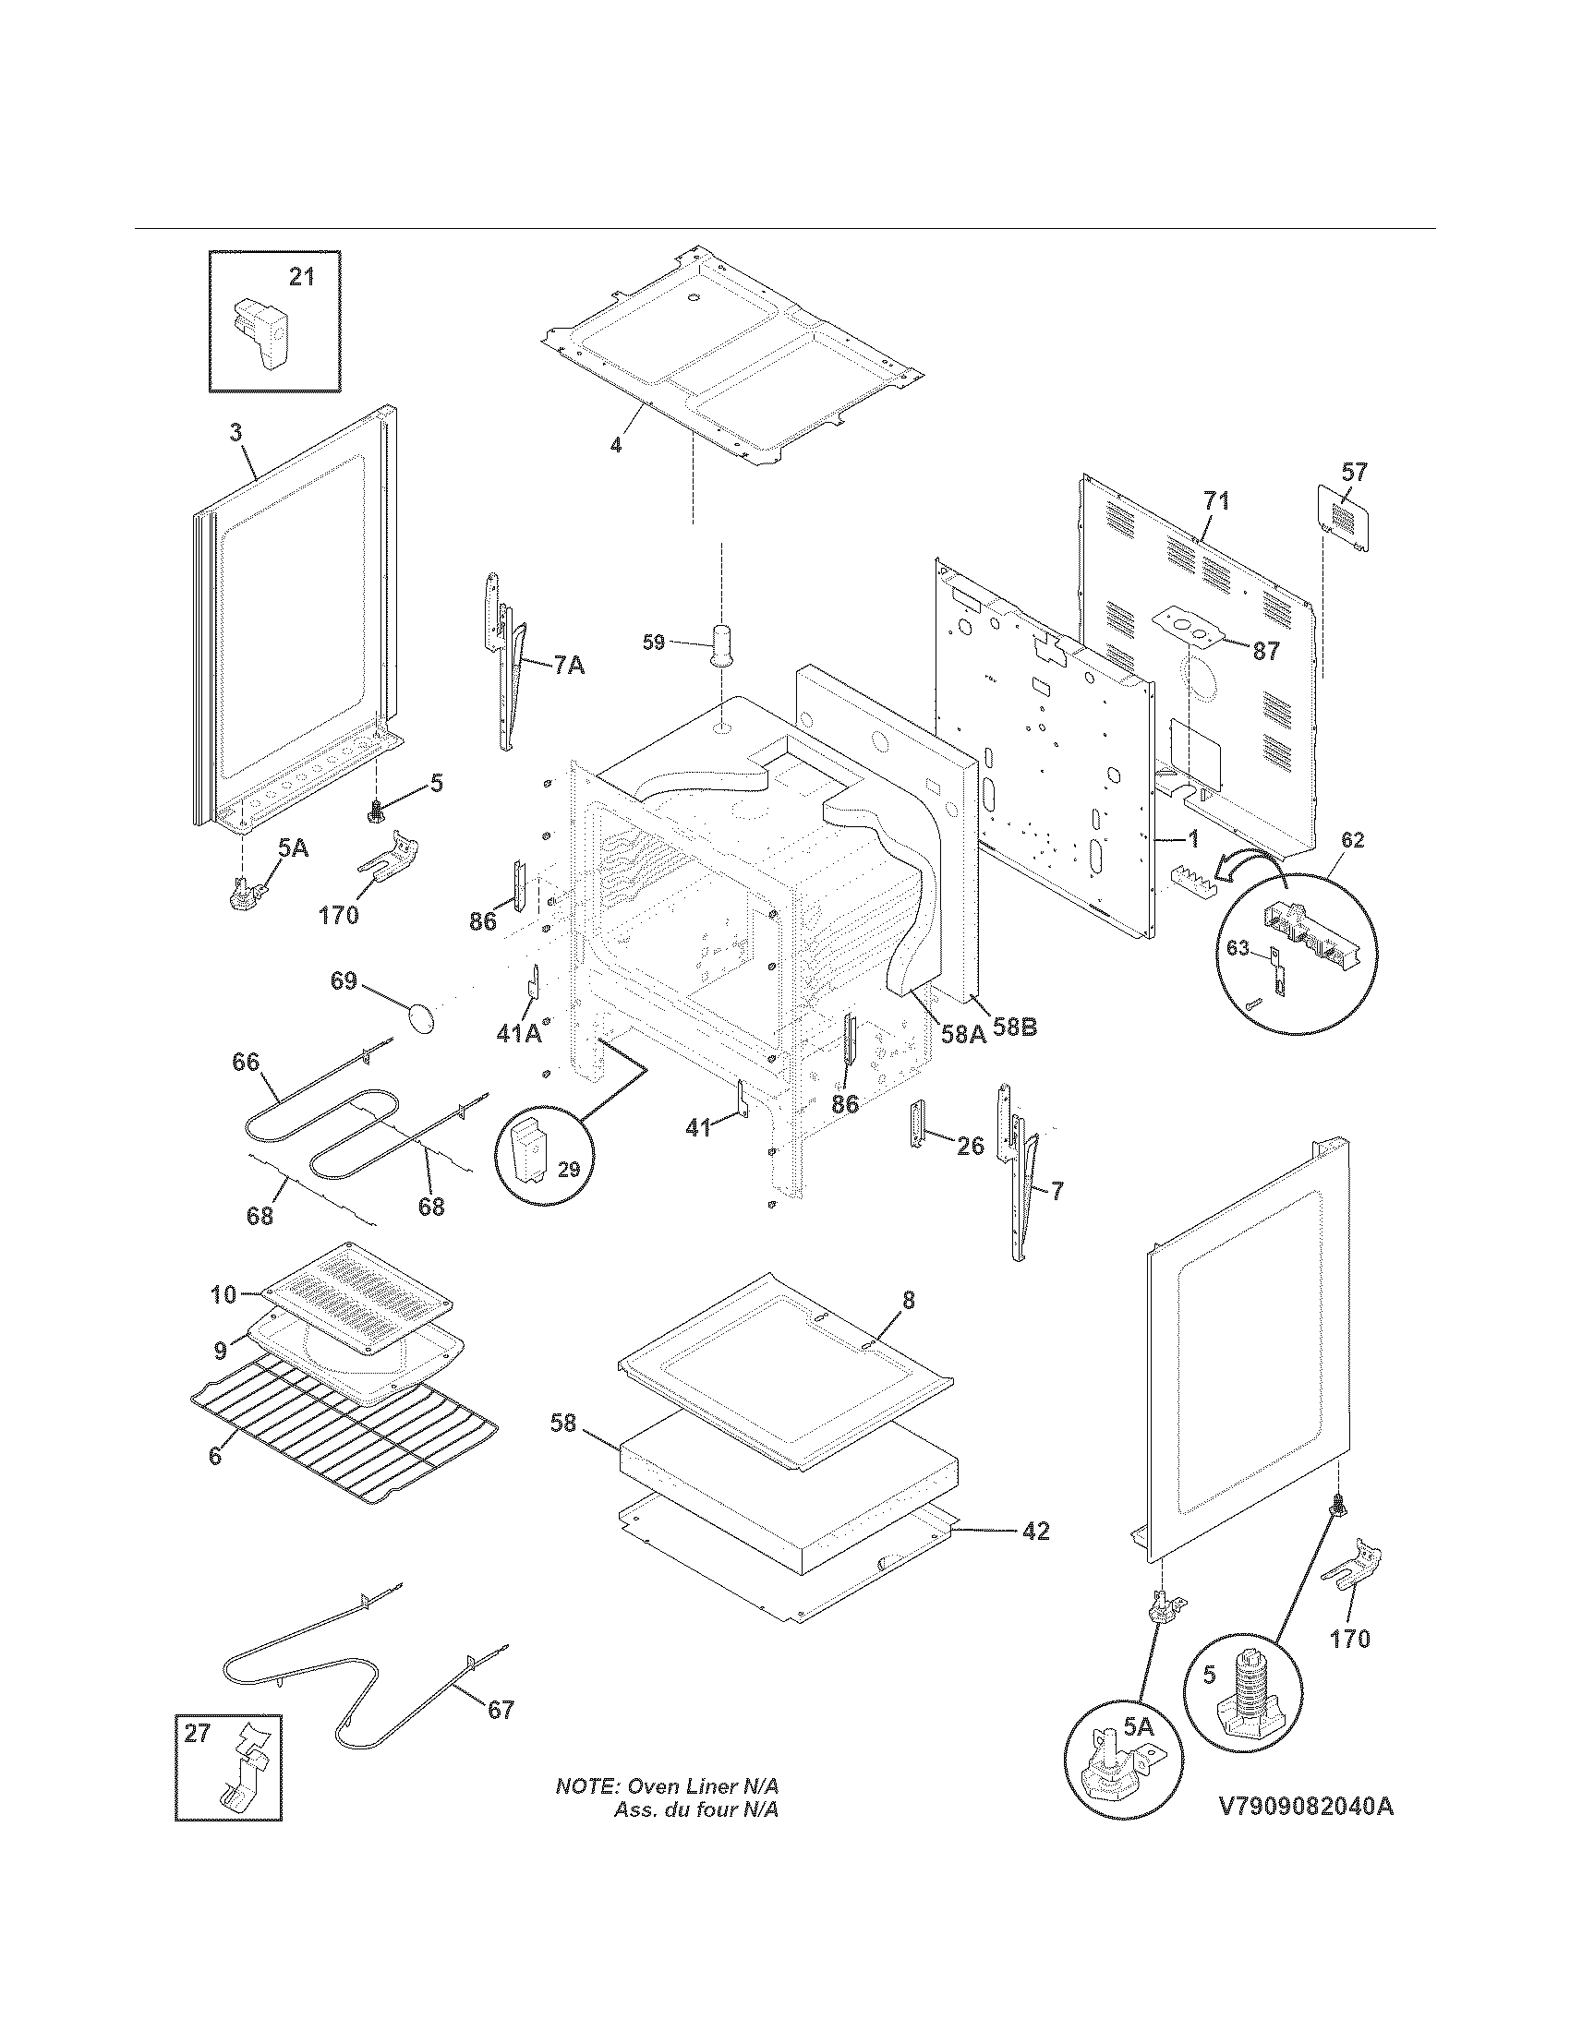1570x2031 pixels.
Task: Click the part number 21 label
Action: click(301, 277)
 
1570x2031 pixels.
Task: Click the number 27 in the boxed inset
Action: click(198, 1734)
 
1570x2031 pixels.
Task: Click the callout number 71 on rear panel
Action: click(1215, 501)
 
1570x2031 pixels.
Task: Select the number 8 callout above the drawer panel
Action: click(908, 1301)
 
